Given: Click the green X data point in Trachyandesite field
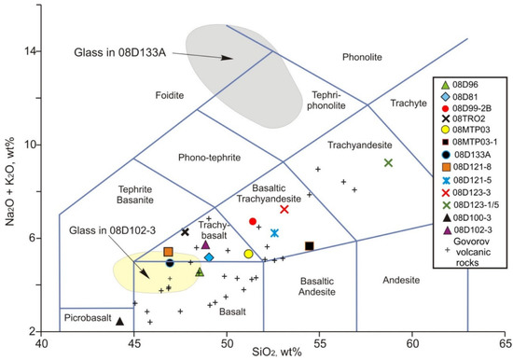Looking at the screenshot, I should click(x=389, y=163).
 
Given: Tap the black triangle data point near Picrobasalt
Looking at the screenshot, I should click(x=119, y=321).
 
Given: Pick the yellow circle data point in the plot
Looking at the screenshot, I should click(x=248, y=254).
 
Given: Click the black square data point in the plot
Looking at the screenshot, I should click(x=310, y=245).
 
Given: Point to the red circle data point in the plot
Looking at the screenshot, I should click(x=253, y=221).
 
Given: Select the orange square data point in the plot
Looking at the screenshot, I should click(x=169, y=252).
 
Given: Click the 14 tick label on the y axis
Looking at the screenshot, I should click(x=29, y=51).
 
